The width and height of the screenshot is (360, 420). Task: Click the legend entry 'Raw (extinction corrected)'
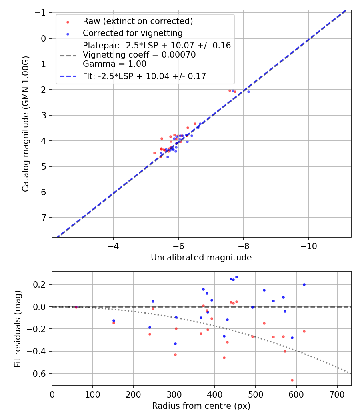138,21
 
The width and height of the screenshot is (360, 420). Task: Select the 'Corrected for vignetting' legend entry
132,33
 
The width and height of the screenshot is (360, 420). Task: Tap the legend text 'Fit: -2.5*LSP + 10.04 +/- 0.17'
144,76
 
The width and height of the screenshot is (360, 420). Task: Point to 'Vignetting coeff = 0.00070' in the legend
139,55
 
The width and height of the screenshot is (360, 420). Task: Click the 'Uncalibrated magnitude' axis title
201,258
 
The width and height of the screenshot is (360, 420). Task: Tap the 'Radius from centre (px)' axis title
201,406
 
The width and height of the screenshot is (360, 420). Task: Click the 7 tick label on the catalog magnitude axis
44,218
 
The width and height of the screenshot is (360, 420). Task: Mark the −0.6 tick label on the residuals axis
39,374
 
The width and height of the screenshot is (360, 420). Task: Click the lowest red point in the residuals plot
292,380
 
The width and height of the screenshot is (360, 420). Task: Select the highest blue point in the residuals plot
236,277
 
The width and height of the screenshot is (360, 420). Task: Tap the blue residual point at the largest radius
304,284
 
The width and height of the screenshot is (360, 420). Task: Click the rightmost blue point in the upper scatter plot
248,92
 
